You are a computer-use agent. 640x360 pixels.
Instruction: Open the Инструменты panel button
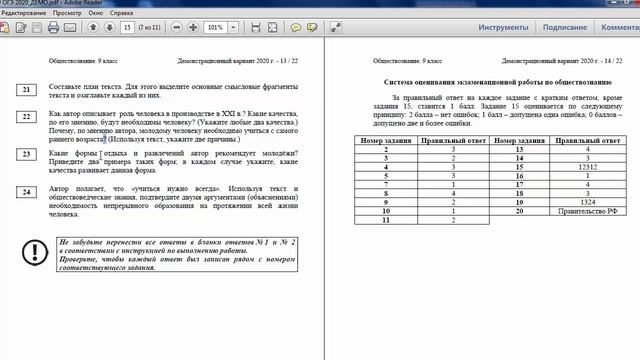(502, 29)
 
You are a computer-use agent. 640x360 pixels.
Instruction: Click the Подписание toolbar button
(565, 29)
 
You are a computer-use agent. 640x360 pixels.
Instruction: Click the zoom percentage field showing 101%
(213, 29)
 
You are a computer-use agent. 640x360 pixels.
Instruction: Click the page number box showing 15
(127, 29)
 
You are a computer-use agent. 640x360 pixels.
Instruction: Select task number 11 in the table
(385, 221)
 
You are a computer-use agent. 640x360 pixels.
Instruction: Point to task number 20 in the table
(519, 212)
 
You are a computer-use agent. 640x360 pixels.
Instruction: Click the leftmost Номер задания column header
(385, 141)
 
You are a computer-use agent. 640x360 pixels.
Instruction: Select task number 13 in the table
(519, 150)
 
